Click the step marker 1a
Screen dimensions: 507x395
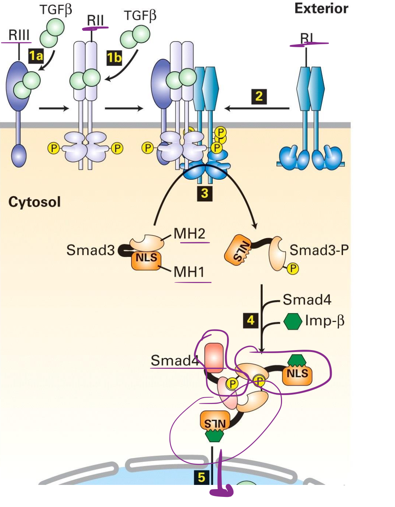pyautogui.click(x=36, y=56)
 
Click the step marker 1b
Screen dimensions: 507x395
pyautogui.click(x=114, y=58)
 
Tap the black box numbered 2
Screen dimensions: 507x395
pyautogui.click(x=259, y=97)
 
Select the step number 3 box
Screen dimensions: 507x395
pyautogui.click(x=205, y=193)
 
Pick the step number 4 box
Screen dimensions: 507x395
pyautogui.click(x=251, y=320)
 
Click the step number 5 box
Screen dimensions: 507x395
pyautogui.click(x=201, y=477)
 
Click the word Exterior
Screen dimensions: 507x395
pyautogui.click(x=321, y=9)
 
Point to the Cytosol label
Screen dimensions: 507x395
pyautogui.click(x=34, y=202)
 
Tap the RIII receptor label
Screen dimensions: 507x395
pyautogui.click(x=19, y=35)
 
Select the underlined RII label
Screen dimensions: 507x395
pyautogui.click(x=95, y=20)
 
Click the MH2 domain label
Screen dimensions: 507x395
pyautogui.click(x=190, y=234)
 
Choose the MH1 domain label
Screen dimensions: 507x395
pyautogui.click(x=189, y=272)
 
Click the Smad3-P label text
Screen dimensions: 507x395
pyautogui.click(x=319, y=250)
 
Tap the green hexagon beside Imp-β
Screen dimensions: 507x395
pyautogui.click(x=293, y=321)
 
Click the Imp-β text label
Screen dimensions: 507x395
pyautogui.click(x=324, y=321)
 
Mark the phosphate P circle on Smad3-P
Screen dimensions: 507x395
pyautogui.click(x=293, y=268)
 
